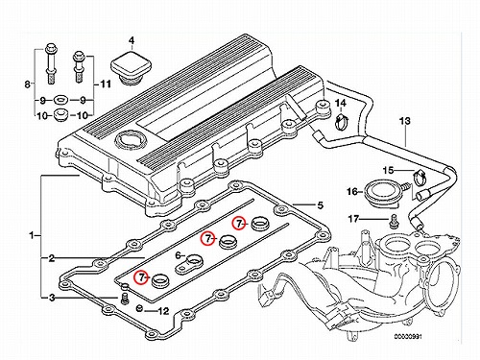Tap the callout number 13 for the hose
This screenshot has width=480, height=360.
point(405,121)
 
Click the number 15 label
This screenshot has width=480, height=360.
point(388,170)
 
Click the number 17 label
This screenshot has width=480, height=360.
point(353,219)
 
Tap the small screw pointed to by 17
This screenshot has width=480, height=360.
point(394,222)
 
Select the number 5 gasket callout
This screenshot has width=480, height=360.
point(321,204)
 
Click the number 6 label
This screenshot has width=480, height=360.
point(179,255)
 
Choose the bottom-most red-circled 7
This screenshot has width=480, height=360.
point(141,277)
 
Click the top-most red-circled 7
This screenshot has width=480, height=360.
point(239,224)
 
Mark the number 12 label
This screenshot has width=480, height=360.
point(163,310)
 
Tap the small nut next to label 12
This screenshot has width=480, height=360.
point(139,308)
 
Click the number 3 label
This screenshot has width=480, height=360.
point(52,298)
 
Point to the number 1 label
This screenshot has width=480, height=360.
point(32,236)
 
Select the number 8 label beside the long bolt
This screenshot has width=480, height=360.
point(28,84)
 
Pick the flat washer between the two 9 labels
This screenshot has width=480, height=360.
point(60,101)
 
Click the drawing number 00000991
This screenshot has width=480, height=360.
point(408,337)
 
